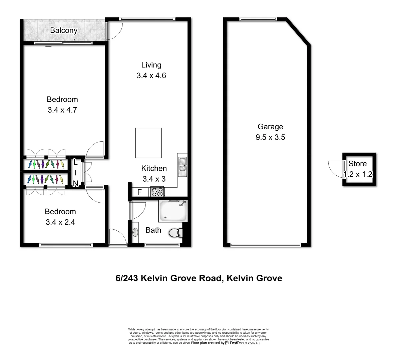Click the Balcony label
coord(63,30)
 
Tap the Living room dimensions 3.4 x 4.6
coord(151,76)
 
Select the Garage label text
coord(270,127)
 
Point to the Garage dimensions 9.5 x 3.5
coord(270,137)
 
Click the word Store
coord(357,164)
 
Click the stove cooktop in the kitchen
coord(157,192)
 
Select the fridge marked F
coord(140,192)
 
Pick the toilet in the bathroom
coord(175,232)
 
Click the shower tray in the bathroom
coord(173,210)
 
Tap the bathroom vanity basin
coord(135,232)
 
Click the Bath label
coord(153,230)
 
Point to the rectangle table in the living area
coord(148,143)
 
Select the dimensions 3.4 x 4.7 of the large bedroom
coord(62,110)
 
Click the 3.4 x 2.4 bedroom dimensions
coord(60,222)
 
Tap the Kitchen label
coord(154,168)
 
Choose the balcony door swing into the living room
coord(114,29)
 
